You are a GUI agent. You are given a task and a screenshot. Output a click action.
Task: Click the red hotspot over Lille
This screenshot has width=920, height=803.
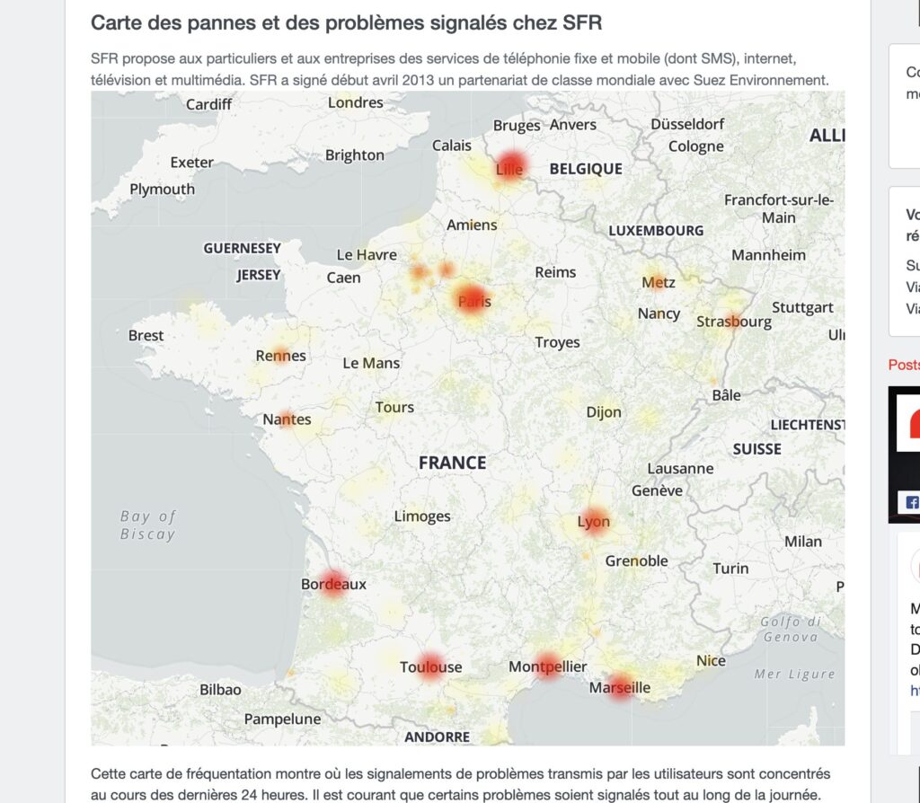(x=510, y=166)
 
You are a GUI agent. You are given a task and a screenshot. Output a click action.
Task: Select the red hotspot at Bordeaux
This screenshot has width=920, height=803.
(x=333, y=584)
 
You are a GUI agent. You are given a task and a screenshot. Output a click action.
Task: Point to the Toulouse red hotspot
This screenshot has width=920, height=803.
(x=430, y=666)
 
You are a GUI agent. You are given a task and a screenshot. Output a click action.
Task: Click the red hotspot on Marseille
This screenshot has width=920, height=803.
(x=620, y=686)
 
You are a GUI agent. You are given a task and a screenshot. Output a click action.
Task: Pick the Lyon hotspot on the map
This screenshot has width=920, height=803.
(x=594, y=521)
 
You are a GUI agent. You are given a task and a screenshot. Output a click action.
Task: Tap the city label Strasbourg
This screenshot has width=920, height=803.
(x=734, y=321)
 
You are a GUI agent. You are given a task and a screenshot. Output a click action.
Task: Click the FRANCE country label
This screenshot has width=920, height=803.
(x=452, y=463)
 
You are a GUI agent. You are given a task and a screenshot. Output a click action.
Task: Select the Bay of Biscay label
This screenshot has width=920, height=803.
(x=148, y=525)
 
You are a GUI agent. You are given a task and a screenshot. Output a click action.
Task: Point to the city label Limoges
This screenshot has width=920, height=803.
(x=422, y=516)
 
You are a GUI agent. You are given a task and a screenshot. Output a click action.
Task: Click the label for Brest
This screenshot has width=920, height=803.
(x=146, y=335)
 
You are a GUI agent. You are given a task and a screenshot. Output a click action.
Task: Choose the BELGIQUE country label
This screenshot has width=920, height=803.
(x=586, y=168)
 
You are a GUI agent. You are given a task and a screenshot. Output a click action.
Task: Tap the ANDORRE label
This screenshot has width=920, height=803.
(x=437, y=737)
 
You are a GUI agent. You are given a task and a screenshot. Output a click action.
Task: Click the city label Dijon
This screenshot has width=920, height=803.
(x=604, y=412)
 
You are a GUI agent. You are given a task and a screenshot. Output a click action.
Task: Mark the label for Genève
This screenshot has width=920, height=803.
(x=657, y=490)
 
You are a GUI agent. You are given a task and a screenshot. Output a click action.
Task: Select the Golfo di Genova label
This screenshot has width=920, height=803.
(x=791, y=629)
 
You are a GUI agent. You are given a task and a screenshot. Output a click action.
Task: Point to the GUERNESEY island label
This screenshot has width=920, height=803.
(x=242, y=248)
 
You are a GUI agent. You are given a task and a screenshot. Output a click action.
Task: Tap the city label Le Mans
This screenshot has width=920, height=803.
(x=371, y=363)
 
